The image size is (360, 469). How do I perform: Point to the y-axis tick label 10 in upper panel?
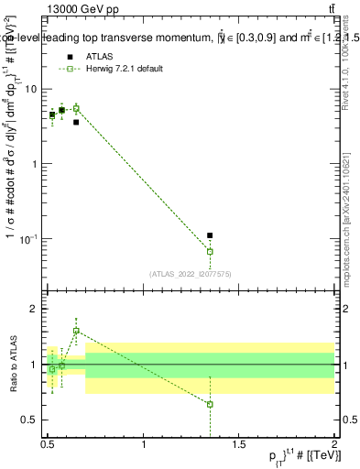click(31, 89)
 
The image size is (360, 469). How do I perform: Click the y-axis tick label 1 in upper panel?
click(34, 164)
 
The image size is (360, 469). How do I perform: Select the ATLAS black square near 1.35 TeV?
click(210, 235)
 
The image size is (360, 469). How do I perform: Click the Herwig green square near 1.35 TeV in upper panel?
click(210, 251)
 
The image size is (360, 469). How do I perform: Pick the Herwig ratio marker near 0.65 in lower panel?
click(76, 331)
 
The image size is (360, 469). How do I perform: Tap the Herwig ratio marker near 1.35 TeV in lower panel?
click(210, 404)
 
